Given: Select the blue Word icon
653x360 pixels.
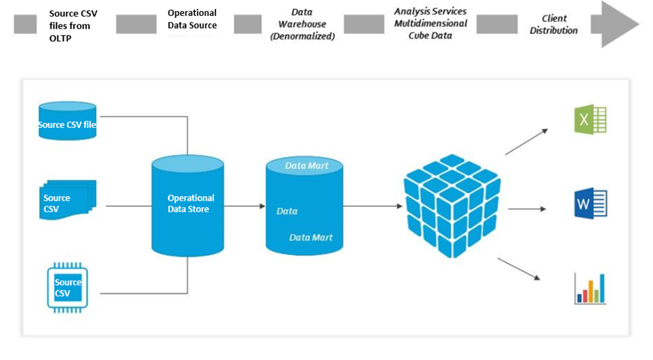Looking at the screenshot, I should tap(590, 204).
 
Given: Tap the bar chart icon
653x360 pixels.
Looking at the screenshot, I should tap(590, 288).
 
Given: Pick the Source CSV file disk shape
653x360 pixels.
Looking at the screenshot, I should tap(67, 122).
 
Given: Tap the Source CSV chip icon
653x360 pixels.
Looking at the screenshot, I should tap(68, 287).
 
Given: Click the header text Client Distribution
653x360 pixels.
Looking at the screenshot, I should tap(554, 24).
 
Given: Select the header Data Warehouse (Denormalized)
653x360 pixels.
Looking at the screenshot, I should tap(301, 24).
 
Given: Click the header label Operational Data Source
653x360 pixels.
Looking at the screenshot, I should tap(192, 19).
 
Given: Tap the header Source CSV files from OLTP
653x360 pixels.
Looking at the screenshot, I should tap(74, 24).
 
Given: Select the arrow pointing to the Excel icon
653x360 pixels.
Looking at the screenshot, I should tap(527, 142).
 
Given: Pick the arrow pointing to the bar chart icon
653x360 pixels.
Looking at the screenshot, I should tap(520, 268).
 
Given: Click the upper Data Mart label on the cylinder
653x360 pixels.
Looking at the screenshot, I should tap(306, 166).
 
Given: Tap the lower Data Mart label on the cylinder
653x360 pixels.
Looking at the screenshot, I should tap(311, 238).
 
